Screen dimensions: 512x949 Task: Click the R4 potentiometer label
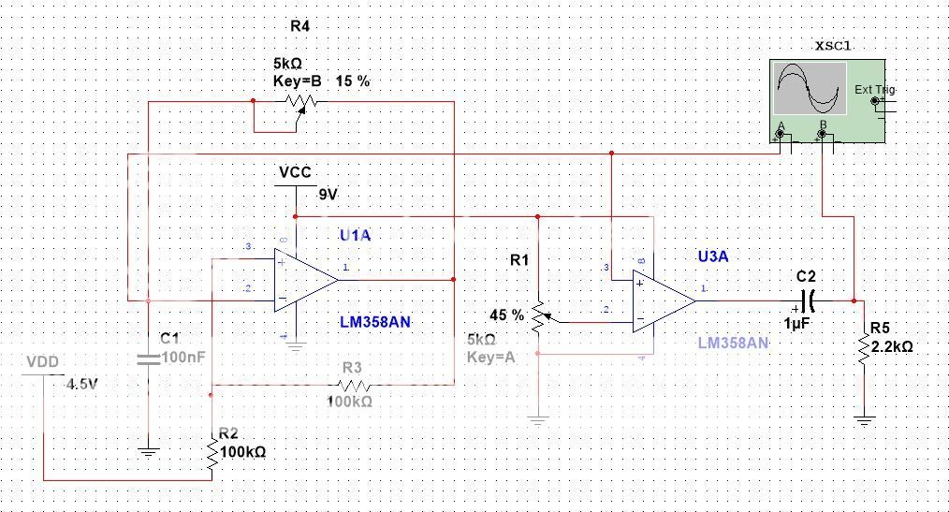pyautogui.click(x=299, y=26)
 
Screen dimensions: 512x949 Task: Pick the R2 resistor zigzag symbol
pyautogui.click(x=212, y=452)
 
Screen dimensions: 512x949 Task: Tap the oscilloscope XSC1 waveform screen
pyautogui.click(x=809, y=89)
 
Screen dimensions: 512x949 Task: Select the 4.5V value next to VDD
pyautogui.click(x=82, y=383)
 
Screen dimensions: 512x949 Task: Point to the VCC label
pyautogui.click(x=294, y=173)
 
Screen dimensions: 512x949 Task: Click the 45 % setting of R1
pyautogui.click(x=506, y=315)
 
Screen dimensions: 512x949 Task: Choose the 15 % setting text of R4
pyautogui.click(x=353, y=81)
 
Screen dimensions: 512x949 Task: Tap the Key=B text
pyautogui.click(x=297, y=81)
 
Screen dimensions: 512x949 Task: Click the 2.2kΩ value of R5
pyautogui.click(x=891, y=345)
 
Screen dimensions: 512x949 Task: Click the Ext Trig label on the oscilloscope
pyautogui.click(x=874, y=90)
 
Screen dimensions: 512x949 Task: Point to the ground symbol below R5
pyautogui.click(x=862, y=422)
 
